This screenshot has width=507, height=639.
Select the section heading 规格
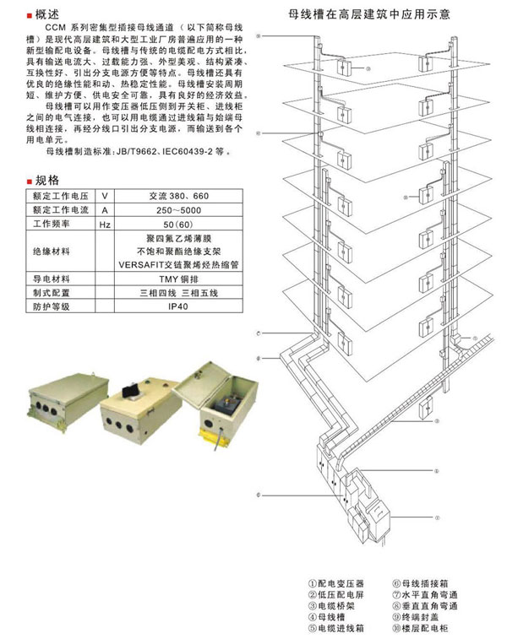coord(47,180)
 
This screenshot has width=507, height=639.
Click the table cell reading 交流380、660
coord(183,195)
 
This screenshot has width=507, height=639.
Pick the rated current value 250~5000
coord(183,209)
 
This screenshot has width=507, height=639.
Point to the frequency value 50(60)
coord(183,224)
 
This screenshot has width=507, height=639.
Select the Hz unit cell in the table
coord(106,224)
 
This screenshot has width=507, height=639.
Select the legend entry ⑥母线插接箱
coord(420,584)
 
